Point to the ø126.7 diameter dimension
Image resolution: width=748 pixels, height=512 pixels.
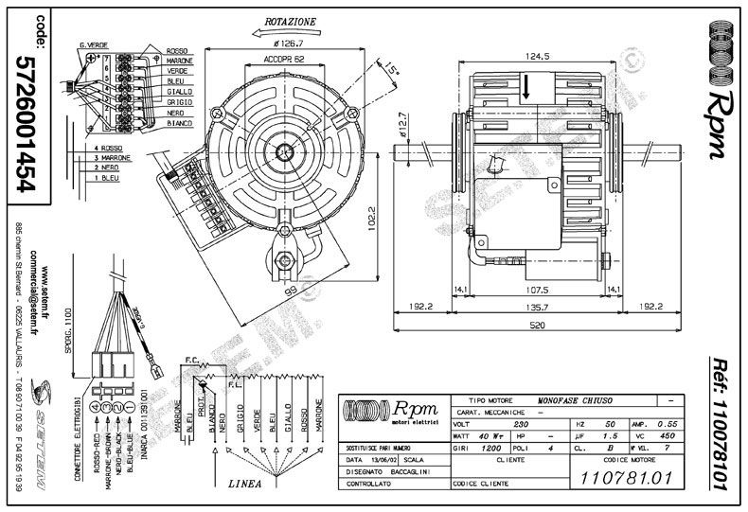(287, 43)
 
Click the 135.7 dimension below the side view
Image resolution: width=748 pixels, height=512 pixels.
(537, 307)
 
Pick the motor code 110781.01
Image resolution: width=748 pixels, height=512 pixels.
(621, 476)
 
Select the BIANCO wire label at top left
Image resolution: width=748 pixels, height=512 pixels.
(179, 124)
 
